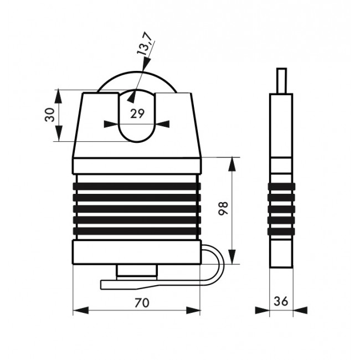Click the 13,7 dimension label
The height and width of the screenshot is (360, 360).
(145, 44)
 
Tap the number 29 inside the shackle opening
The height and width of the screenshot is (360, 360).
(137, 114)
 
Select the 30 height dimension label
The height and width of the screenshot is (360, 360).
(50, 115)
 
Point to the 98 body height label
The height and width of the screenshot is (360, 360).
(223, 208)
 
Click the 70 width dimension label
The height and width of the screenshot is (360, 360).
(142, 302)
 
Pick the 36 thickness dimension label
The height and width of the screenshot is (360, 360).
(281, 301)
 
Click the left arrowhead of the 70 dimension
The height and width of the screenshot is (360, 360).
(81, 310)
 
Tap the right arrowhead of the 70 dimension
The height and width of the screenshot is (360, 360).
(193, 310)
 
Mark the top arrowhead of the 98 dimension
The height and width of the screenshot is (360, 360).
(232, 164)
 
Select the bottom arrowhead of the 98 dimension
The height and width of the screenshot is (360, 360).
(232, 256)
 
